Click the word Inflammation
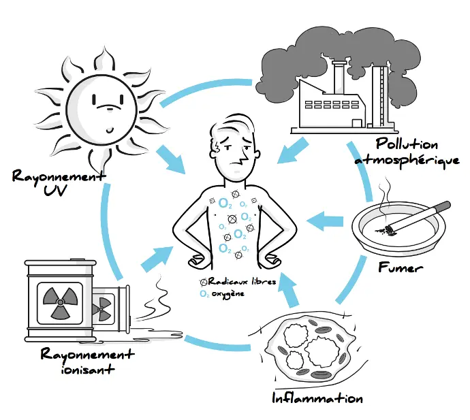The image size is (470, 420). (317, 398)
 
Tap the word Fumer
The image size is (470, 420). (401, 268)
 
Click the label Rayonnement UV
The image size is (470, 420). (59, 183)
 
